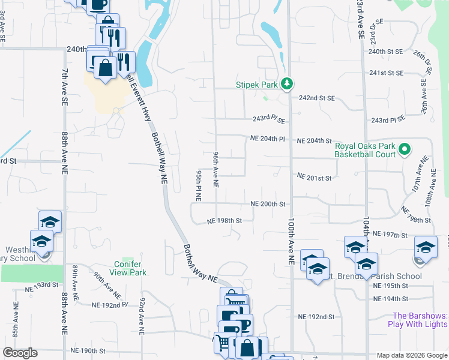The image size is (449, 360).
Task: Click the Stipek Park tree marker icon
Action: click(x=287, y=84)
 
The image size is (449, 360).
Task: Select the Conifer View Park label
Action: click(x=127, y=268)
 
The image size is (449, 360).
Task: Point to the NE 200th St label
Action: click(x=268, y=204)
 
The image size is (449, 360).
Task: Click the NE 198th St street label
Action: click(x=224, y=220)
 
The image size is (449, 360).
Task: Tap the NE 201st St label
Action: click(x=315, y=177)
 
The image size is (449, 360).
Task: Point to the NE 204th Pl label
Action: click(x=267, y=139)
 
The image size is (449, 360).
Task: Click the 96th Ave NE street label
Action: click(x=215, y=168)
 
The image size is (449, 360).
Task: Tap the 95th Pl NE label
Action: click(x=197, y=184)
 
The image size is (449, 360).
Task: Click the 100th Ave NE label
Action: click(x=291, y=241)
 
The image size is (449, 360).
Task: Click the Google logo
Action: click(x=20, y=353)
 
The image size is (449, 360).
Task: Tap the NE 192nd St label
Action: click(x=316, y=316)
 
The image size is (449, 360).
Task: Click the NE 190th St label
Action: click(x=88, y=350)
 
